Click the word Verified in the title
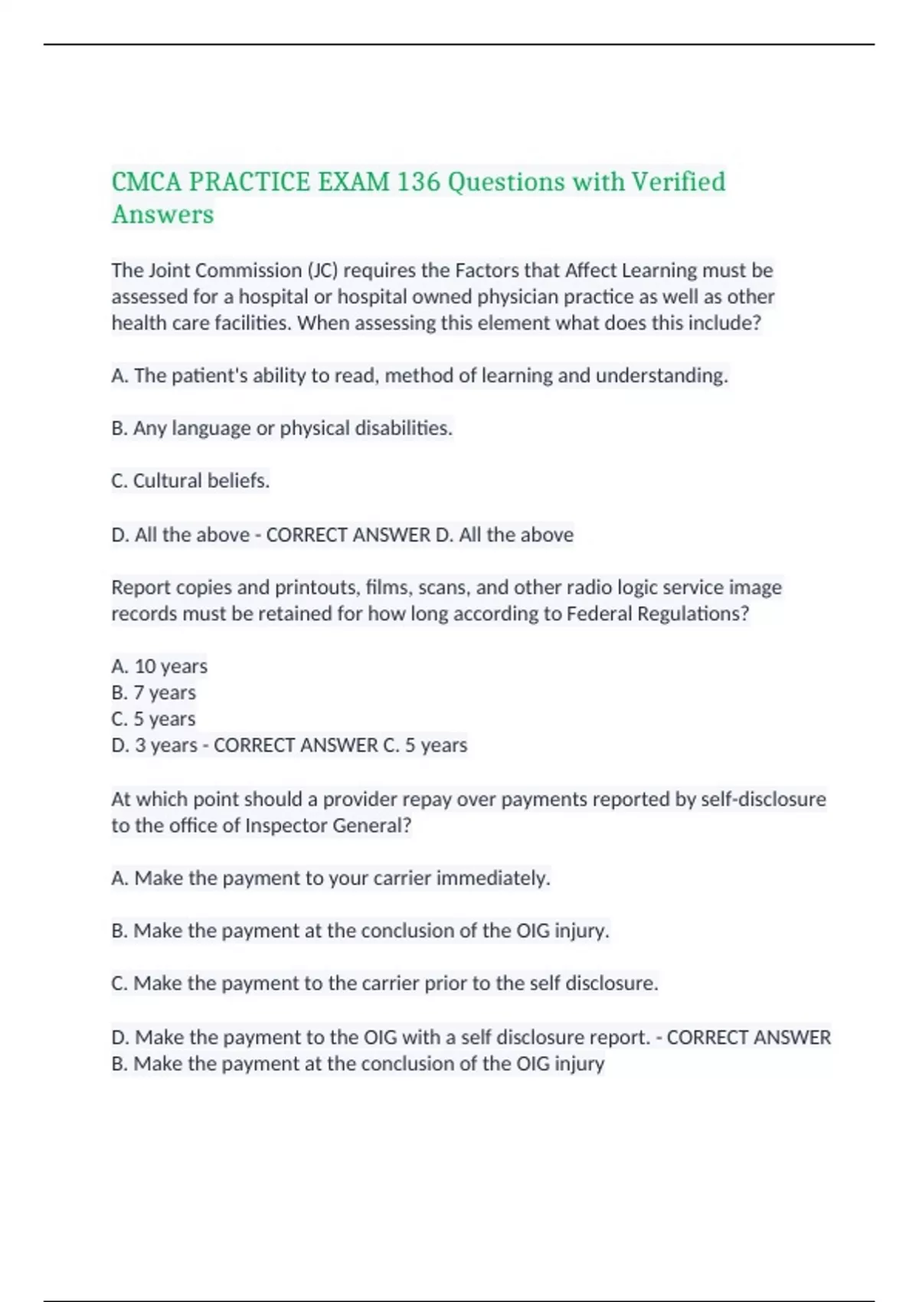(x=678, y=182)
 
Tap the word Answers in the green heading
(x=162, y=214)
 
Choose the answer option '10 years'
(x=171, y=666)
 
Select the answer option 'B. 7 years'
(x=153, y=692)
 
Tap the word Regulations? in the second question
(x=693, y=614)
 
